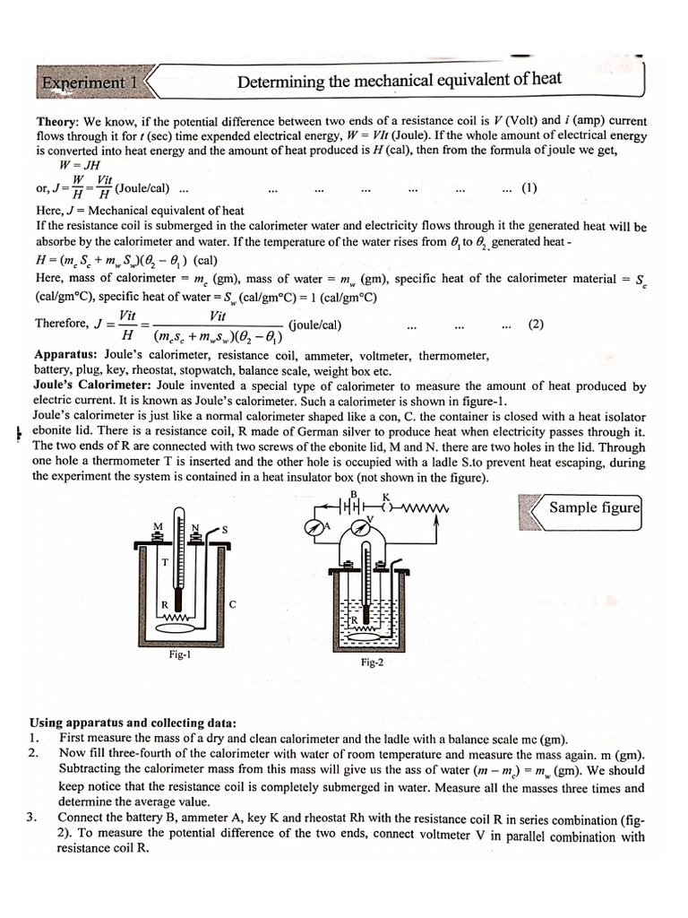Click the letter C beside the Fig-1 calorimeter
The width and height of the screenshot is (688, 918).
point(233,605)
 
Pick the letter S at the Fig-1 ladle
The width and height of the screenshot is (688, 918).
point(225,530)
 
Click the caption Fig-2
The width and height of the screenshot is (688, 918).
point(372,663)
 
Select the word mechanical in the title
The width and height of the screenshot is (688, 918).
point(399,82)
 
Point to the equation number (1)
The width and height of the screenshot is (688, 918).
point(529,188)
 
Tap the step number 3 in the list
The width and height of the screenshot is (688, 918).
point(31,818)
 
